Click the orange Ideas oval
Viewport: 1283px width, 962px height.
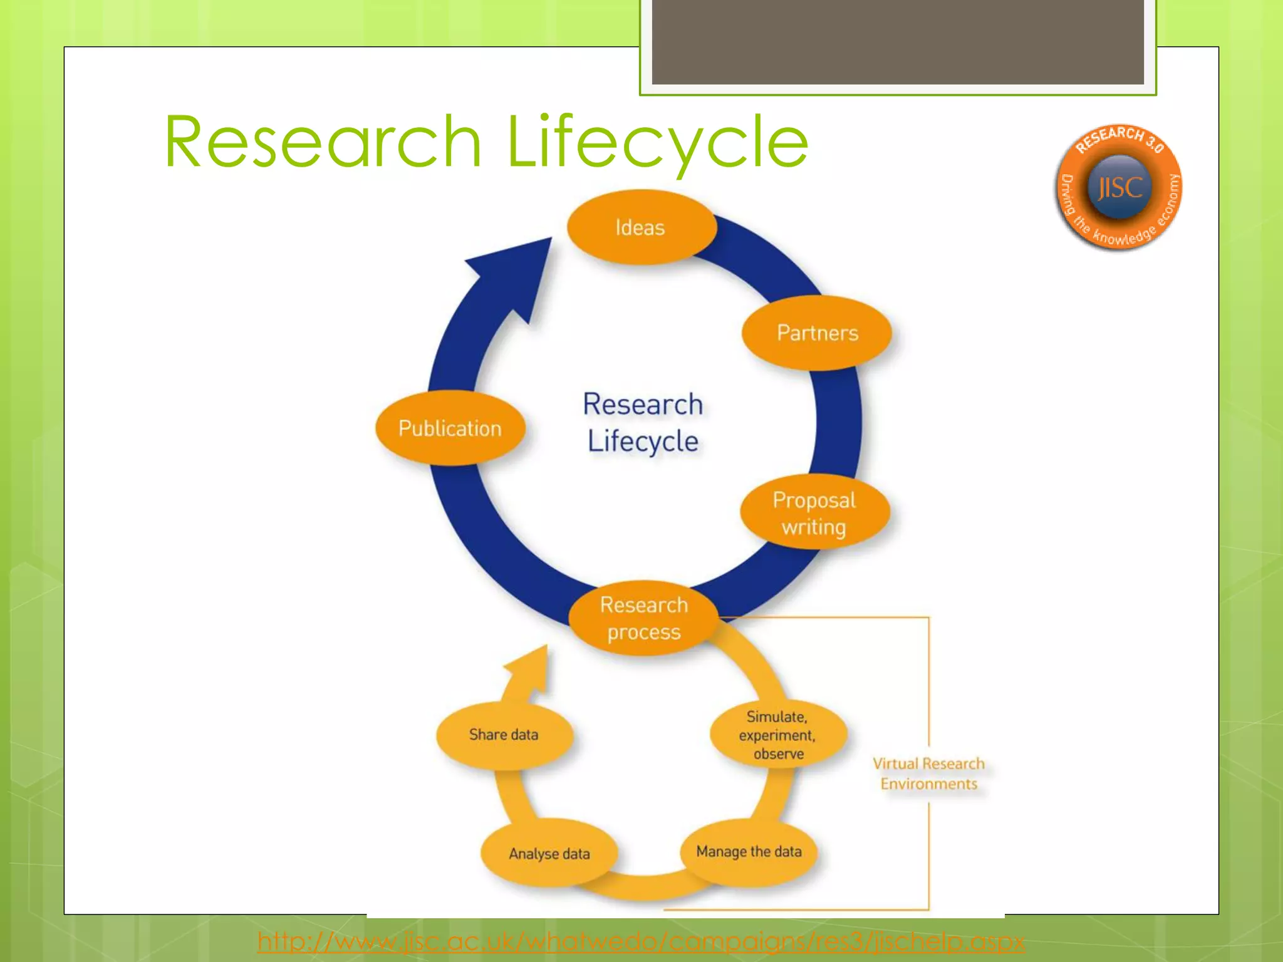[641, 227]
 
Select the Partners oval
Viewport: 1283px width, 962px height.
[817, 333]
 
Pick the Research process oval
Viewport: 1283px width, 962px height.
[643, 618]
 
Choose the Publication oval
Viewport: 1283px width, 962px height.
[450, 428]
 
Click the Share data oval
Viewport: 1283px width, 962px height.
[504, 735]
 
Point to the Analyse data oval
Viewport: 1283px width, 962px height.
[549, 854]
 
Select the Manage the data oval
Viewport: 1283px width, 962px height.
[749, 852]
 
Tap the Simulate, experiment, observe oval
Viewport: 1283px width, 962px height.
[777, 735]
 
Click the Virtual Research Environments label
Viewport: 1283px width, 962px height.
[928, 773]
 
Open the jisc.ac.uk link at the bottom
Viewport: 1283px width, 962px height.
[641, 941]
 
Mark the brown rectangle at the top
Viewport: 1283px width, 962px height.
[898, 41]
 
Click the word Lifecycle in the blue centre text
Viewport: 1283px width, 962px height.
[643, 442]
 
